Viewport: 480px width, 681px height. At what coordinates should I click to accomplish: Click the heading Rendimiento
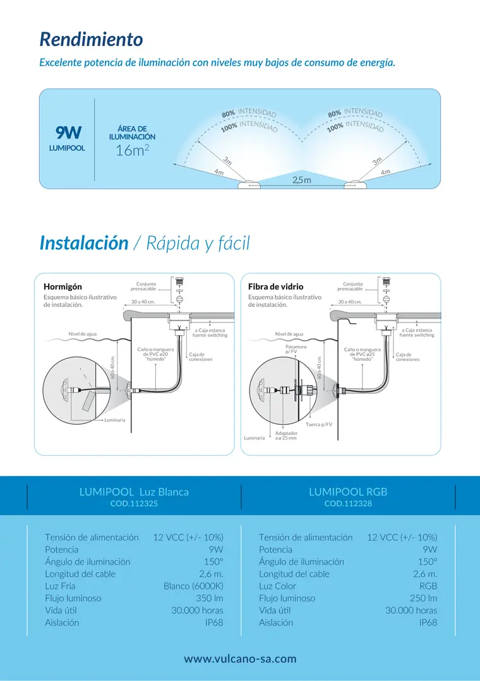92,40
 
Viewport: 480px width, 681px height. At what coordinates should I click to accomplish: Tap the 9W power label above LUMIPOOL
68,132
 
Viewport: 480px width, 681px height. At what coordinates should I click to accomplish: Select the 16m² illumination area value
132,150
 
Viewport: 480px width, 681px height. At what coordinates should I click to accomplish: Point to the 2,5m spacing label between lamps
302,180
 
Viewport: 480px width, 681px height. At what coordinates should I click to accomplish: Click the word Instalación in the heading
84,243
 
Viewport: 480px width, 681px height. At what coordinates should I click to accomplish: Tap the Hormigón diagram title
63,287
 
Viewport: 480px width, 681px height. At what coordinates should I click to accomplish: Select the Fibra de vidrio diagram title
275,287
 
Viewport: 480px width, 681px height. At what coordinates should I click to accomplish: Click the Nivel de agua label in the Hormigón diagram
83,334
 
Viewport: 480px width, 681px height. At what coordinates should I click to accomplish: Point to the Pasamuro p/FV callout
296,349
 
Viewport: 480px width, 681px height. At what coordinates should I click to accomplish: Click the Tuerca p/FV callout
319,424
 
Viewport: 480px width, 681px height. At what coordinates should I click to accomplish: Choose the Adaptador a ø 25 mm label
286,435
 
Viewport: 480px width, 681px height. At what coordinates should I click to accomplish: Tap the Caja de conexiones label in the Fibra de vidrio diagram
407,357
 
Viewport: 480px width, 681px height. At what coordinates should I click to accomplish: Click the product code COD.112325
134,504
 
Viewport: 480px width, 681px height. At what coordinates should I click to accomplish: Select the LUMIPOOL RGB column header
348,492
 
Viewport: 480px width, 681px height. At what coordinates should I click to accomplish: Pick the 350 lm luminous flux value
210,598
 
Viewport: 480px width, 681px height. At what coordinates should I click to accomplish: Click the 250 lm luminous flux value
424,598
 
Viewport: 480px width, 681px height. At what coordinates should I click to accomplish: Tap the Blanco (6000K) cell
193,586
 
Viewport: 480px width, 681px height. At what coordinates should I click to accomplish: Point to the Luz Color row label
277,586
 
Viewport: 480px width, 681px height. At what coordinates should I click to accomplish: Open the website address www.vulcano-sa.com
240,659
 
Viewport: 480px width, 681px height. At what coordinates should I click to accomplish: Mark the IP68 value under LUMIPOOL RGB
428,622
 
